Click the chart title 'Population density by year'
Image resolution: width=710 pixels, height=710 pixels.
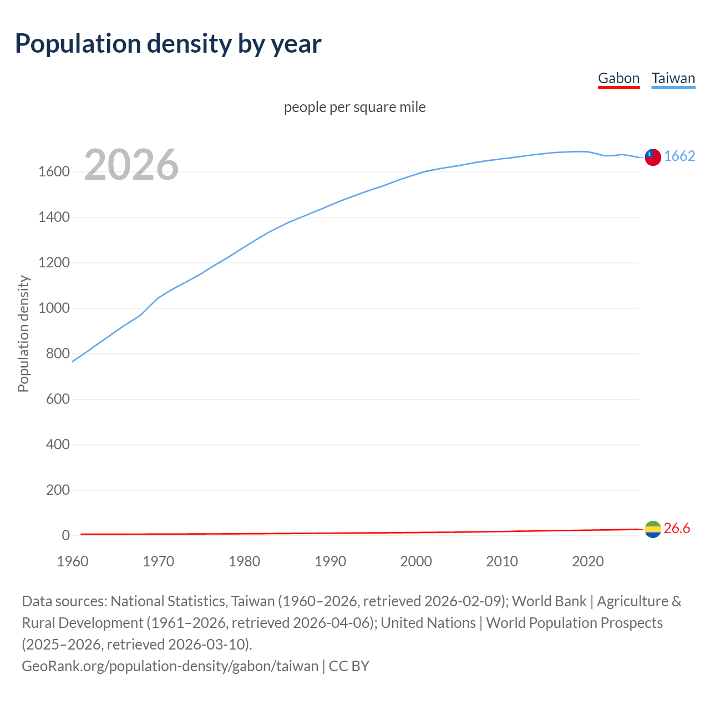click(x=168, y=44)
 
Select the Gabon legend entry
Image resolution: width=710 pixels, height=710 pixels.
click(x=618, y=79)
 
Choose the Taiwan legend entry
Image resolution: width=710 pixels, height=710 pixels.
click(x=673, y=79)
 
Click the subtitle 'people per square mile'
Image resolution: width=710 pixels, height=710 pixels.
click(x=354, y=107)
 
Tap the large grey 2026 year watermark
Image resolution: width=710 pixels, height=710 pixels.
click(x=131, y=165)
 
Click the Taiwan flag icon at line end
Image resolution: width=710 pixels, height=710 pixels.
click(x=652, y=157)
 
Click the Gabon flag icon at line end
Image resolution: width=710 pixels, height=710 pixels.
click(x=653, y=529)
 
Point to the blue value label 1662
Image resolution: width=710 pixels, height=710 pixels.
click(x=679, y=156)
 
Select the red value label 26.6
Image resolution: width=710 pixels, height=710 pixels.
click(x=677, y=529)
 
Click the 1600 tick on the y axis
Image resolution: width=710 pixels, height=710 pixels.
click(x=54, y=172)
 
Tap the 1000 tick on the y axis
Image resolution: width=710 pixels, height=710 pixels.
click(x=54, y=308)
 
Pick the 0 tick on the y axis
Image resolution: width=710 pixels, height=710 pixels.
click(x=65, y=536)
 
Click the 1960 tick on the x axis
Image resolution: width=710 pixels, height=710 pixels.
click(x=73, y=561)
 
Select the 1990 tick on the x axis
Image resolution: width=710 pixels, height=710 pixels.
click(x=330, y=561)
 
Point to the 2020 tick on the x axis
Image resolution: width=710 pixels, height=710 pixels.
click(x=587, y=561)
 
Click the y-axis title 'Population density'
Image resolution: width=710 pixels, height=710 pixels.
click(x=23, y=334)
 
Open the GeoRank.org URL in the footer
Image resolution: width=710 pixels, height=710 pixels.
click(x=170, y=666)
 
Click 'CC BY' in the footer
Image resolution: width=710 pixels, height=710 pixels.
click(x=349, y=666)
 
